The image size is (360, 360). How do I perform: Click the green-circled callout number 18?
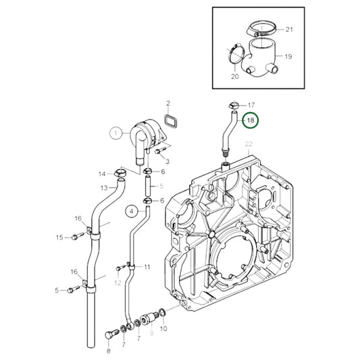(x=251, y=120)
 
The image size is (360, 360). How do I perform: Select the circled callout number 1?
(x=115, y=133)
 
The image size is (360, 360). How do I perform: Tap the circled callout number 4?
(x=132, y=211)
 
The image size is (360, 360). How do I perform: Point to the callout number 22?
(x=249, y=144)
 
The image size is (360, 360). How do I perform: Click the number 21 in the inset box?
(x=289, y=30)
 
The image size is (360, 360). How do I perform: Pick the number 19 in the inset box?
(x=288, y=56)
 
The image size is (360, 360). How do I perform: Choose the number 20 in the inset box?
(x=235, y=76)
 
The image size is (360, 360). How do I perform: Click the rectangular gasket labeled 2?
(x=171, y=121)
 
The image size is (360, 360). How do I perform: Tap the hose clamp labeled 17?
(x=234, y=105)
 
